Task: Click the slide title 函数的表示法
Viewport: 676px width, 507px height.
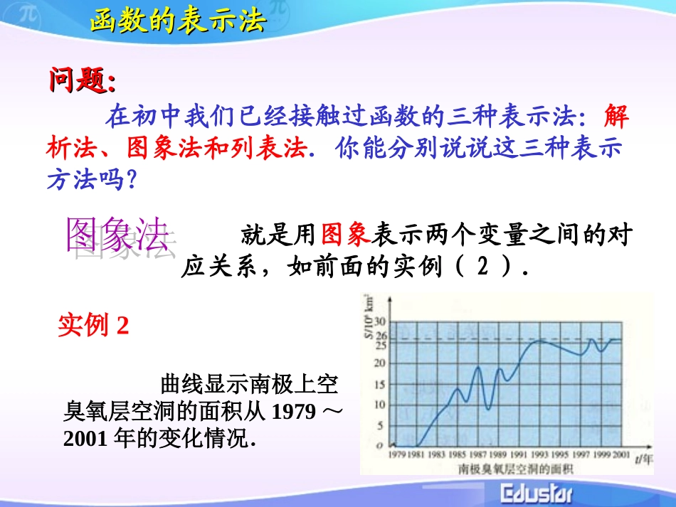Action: click(x=178, y=21)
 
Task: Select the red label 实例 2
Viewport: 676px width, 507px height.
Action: click(x=93, y=326)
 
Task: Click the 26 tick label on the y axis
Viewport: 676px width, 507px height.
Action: click(x=381, y=336)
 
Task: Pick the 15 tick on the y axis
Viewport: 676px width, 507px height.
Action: click(x=381, y=385)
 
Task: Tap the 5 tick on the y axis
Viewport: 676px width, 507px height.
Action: click(x=383, y=426)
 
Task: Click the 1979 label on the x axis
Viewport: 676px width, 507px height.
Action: click(x=397, y=454)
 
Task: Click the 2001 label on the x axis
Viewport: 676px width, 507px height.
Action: click(x=620, y=454)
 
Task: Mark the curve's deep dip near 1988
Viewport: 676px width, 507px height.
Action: click(x=488, y=409)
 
